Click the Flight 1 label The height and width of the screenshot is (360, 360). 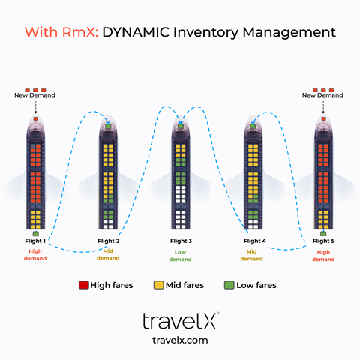35,241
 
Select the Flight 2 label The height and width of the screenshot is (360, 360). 108,241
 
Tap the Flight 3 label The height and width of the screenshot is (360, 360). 180,241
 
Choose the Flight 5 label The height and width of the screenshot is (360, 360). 324,241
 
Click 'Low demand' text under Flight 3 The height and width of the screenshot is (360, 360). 180,255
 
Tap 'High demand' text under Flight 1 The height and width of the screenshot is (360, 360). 35,255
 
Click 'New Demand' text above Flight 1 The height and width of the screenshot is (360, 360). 35,95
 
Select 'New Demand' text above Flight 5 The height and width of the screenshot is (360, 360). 322,95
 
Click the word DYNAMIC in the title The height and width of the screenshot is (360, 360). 139,33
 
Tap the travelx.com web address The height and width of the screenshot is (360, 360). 180,340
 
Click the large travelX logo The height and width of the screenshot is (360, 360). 180,321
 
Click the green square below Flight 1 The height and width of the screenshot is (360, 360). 35,234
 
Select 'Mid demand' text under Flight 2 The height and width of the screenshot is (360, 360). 108,255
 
